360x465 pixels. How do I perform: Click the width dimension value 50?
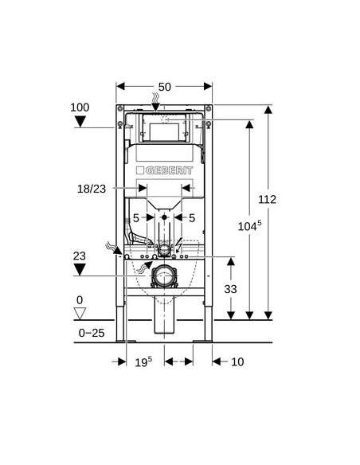[x=165, y=87]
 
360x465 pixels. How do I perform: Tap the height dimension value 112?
[x=267, y=199]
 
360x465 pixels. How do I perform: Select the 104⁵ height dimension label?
[x=249, y=226]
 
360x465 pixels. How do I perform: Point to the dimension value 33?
[x=230, y=289]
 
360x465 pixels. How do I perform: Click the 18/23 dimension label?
[x=92, y=189]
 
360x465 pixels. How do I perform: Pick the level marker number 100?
[x=80, y=107]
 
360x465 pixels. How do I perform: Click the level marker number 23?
[x=80, y=256]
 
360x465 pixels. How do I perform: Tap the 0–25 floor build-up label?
[x=92, y=333]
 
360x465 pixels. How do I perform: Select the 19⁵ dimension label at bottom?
[x=143, y=361]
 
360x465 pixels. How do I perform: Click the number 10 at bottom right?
[x=237, y=361]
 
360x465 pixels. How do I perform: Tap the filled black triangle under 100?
[x=80, y=121]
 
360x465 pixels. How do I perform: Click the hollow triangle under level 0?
[x=80, y=313]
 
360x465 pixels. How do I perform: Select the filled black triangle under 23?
[x=80, y=270]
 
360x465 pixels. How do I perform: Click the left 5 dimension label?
[x=136, y=218]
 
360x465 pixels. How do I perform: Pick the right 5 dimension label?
[x=192, y=218]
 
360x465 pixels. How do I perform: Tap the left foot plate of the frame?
[x=126, y=342]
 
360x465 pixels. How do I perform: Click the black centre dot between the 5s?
[x=164, y=217]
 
